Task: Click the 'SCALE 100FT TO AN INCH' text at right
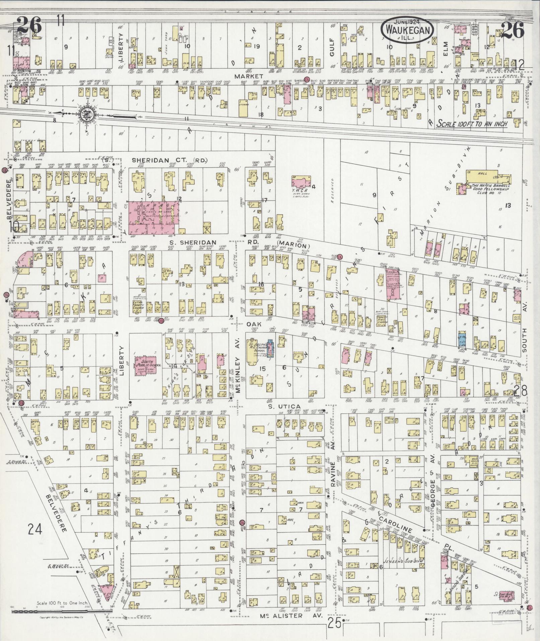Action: click(x=472, y=124)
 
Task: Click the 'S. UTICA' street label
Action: click(x=285, y=406)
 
